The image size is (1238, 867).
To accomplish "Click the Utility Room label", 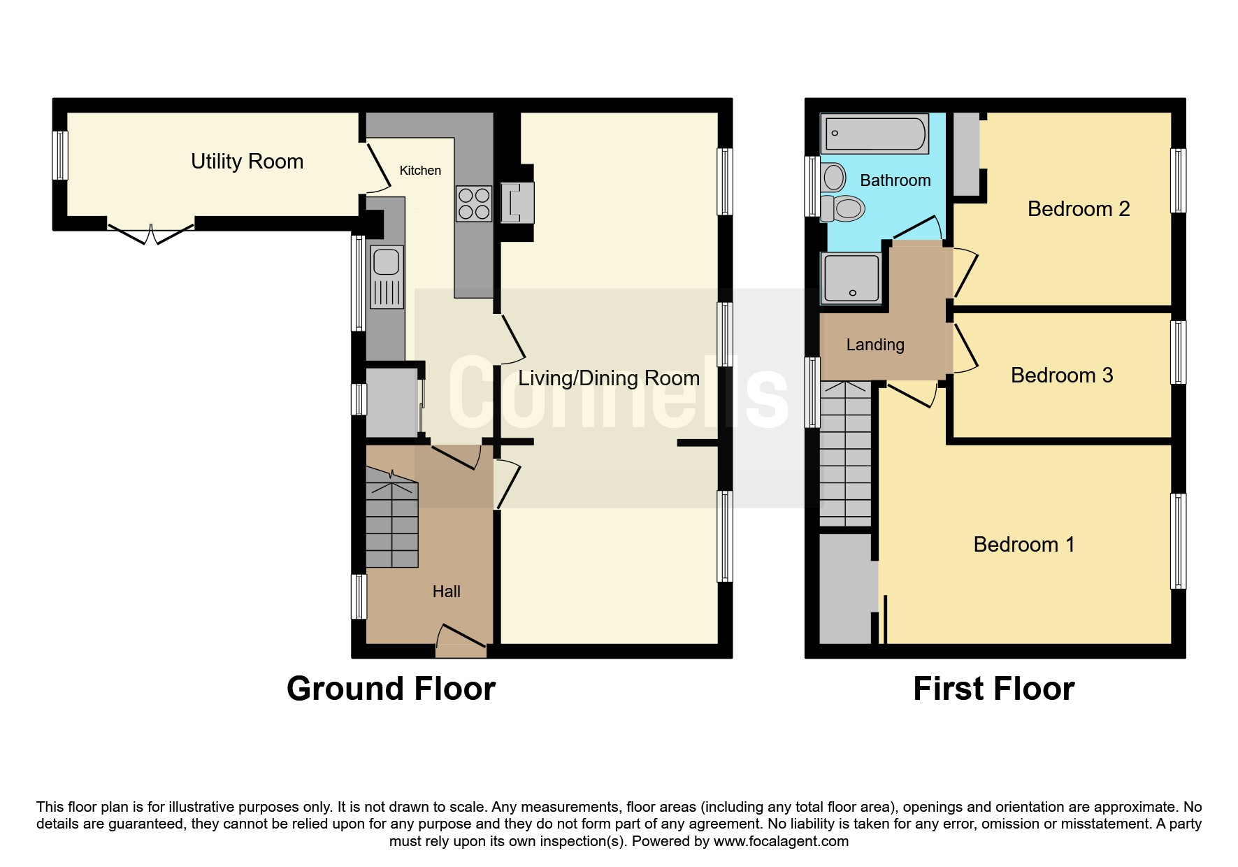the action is click(x=247, y=162).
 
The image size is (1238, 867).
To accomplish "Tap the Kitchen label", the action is click(x=420, y=171).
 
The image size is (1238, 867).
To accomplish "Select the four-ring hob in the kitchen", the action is click(x=474, y=203).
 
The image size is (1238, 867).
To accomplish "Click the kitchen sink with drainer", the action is click(x=387, y=277).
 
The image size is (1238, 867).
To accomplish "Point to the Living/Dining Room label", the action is click(x=609, y=378).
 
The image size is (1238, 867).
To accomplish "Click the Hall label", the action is click(x=447, y=592).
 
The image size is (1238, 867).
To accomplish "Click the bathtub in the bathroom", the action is click(x=874, y=134).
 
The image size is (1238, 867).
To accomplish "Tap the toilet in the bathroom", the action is click(x=842, y=208).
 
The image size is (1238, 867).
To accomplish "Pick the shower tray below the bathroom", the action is click(x=851, y=278).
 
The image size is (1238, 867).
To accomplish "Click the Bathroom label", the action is click(x=895, y=180).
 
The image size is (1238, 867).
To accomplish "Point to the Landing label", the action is click(x=875, y=345).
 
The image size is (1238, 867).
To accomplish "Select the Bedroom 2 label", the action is click(x=1079, y=209).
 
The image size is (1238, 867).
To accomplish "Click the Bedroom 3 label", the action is click(x=1062, y=375).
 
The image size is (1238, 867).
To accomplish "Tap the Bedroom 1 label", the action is click(x=1024, y=545).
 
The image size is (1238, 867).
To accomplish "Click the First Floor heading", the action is click(x=994, y=689).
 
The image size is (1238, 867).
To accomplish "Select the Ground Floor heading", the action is click(x=391, y=689).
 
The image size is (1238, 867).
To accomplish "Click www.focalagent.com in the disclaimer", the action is click(x=781, y=841).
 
